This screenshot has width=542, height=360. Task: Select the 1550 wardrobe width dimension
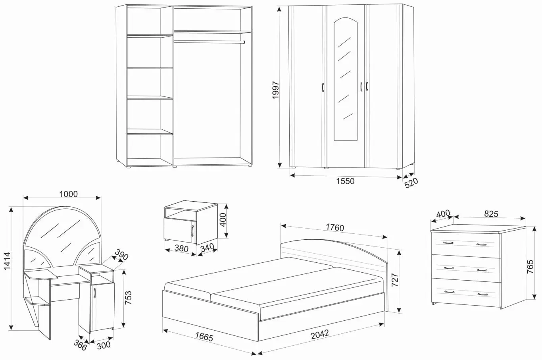point(345,181)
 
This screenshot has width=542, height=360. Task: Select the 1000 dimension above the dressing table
point(68,194)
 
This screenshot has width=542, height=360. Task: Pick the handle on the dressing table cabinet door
point(96,293)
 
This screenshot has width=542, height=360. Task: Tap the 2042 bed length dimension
point(320,333)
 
